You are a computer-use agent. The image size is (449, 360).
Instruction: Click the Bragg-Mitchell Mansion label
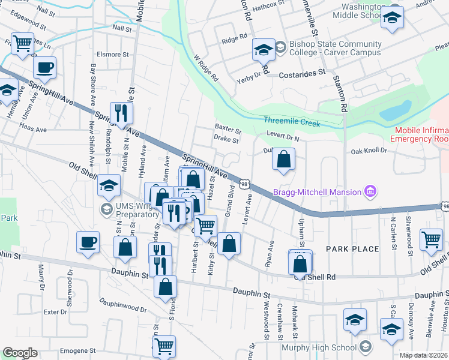coord(316,192)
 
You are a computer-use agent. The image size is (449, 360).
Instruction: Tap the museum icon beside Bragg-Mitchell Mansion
coord(370,192)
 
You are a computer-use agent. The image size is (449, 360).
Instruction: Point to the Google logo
coord(19,353)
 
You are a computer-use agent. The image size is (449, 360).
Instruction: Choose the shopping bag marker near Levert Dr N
coord(284,160)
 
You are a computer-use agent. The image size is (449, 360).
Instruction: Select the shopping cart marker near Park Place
coord(431,239)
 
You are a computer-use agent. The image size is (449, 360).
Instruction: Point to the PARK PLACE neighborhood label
coord(352,249)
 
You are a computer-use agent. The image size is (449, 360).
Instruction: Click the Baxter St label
coord(228,128)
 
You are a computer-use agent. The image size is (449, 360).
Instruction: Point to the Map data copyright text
coord(423,355)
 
